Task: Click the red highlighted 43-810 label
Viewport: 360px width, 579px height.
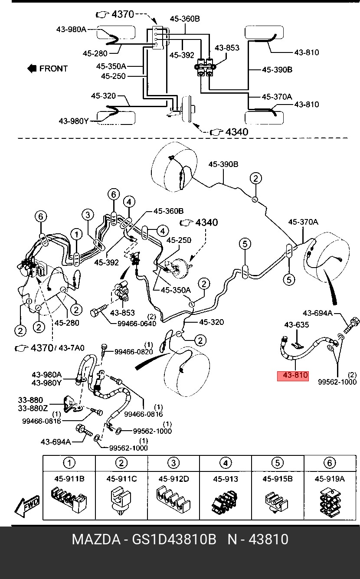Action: pos(293,375)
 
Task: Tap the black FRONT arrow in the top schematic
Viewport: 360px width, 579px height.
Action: pos(32,69)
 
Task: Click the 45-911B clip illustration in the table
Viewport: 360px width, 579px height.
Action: pos(69,500)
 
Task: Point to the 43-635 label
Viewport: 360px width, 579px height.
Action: pos(296,325)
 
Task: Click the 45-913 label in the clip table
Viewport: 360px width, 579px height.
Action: pos(226,479)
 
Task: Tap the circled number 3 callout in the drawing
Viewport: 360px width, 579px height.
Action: pos(88,215)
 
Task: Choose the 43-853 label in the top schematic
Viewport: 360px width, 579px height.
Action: pos(227,48)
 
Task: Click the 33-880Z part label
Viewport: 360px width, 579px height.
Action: pos(33,409)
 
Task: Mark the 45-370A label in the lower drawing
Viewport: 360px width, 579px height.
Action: pos(303,222)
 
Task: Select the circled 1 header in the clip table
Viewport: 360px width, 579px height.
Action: pos(69,462)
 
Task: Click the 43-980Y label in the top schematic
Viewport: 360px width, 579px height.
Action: pos(74,121)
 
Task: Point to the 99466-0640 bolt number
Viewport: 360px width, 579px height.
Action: pos(137,324)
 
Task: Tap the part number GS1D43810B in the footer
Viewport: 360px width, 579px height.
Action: pos(174,540)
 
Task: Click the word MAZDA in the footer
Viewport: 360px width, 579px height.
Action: pos(96,540)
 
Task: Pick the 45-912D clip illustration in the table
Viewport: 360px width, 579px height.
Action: pos(173,500)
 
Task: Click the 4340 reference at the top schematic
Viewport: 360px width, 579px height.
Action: pos(237,132)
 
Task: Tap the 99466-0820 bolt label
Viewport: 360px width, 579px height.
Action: pos(134,352)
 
